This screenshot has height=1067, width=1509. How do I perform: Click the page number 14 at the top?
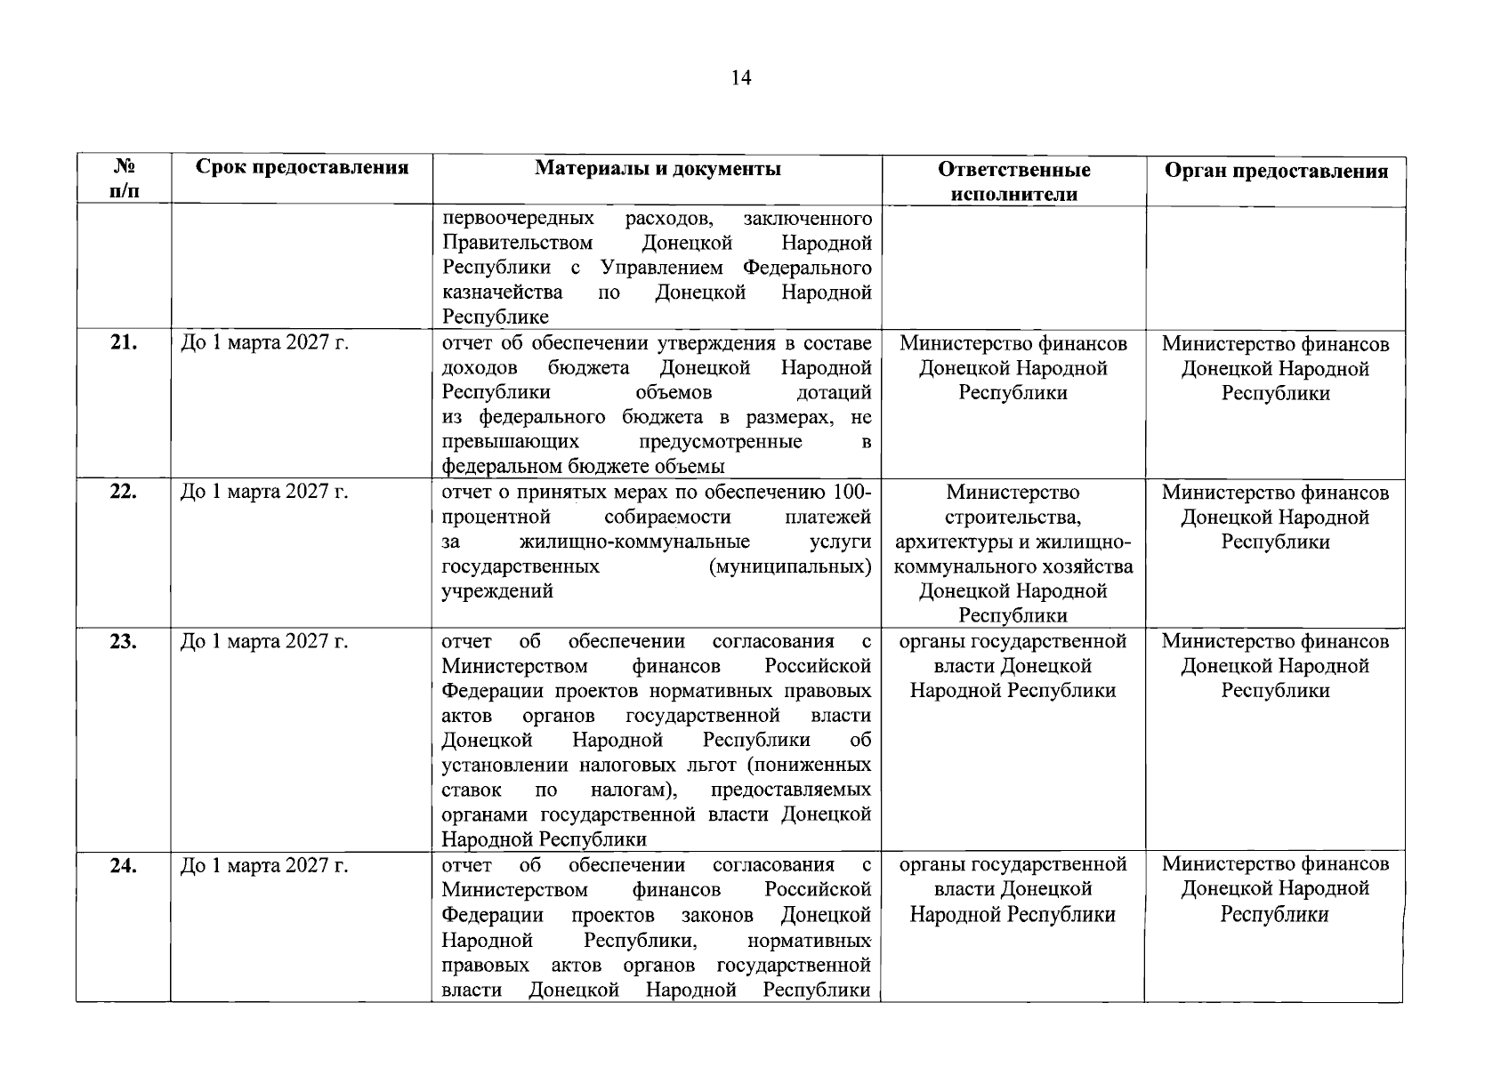740,78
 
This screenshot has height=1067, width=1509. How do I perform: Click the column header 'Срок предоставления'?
303,167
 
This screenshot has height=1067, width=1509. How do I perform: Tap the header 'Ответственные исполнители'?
1013,181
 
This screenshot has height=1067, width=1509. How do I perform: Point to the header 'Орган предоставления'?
1276,171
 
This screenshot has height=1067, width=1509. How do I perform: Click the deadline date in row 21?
264,343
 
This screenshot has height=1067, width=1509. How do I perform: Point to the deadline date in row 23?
264,641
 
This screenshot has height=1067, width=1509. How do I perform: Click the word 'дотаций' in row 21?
835,393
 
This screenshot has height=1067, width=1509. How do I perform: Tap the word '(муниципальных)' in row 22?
789,567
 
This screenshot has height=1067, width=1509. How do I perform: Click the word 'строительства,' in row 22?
1013,517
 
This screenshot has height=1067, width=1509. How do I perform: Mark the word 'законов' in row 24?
717,915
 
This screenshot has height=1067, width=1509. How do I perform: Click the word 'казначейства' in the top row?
502,293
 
